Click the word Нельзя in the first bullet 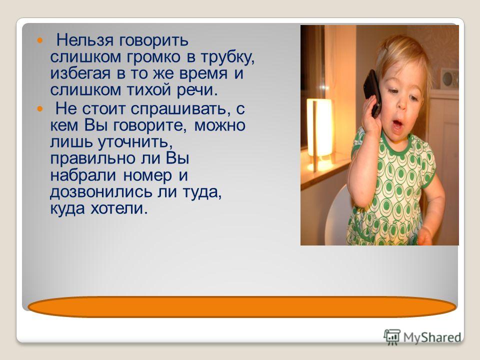point(85,40)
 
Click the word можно point(220,126)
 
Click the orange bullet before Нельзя point(40,40)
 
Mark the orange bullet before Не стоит point(40,109)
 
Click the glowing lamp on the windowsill point(319,127)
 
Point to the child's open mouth point(397,125)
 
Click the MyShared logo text point(432,337)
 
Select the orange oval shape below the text point(242,306)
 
